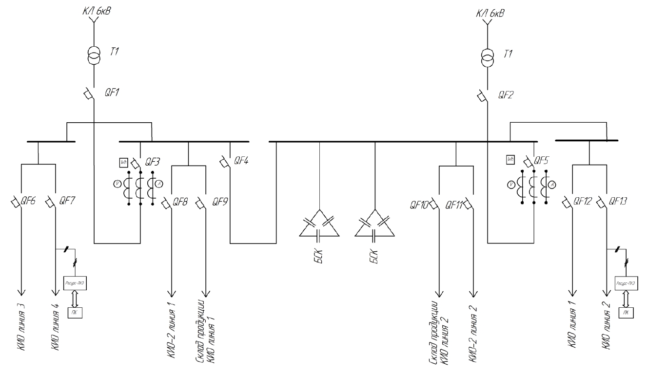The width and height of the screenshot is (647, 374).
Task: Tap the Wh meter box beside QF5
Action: (x=510, y=159)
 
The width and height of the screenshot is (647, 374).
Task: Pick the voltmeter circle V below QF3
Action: (x=117, y=184)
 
